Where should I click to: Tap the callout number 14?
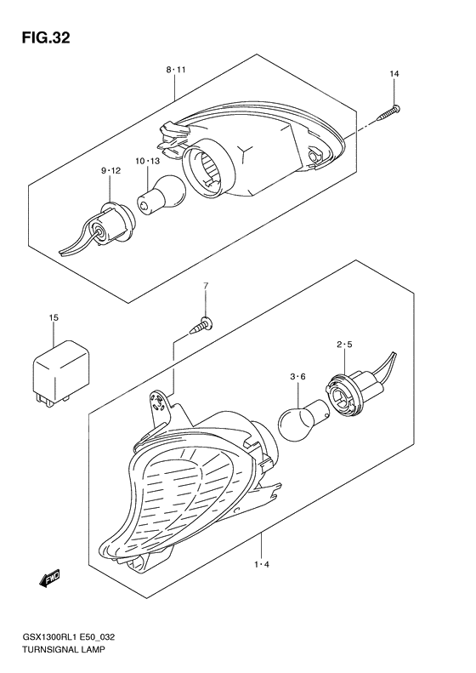pyautogui.click(x=394, y=76)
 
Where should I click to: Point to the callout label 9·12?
pyautogui.click(x=110, y=171)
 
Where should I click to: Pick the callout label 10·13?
pyautogui.click(x=146, y=161)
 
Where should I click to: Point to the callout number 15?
pyautogui.click(x=53, y=318)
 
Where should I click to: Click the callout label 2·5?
pyautogui.click(x=343, y=345)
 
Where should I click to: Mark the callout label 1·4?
pyautogui.click(x=262, y=563)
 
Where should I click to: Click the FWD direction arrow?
pyautogui.click(x=48, y=579)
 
